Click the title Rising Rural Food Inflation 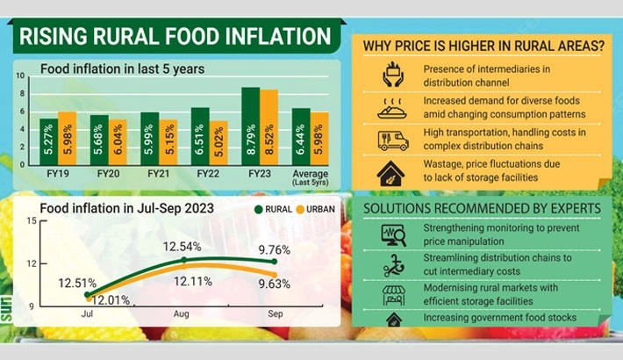tap(175, 37)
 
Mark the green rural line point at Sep tap(276, 262)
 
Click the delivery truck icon tap(392, 140)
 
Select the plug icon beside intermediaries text tap(392, 75)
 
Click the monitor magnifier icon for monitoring tap(392, 234)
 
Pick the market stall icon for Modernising tap(392, 295)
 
